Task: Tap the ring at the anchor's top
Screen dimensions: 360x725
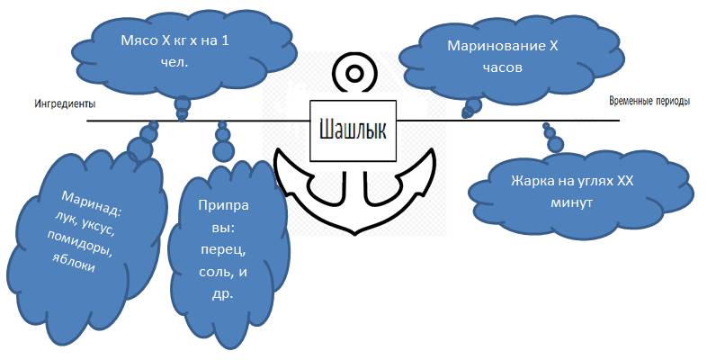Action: (352, 73)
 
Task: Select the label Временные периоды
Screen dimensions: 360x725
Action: (649, 101)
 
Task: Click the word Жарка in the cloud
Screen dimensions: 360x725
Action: (533, 182)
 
